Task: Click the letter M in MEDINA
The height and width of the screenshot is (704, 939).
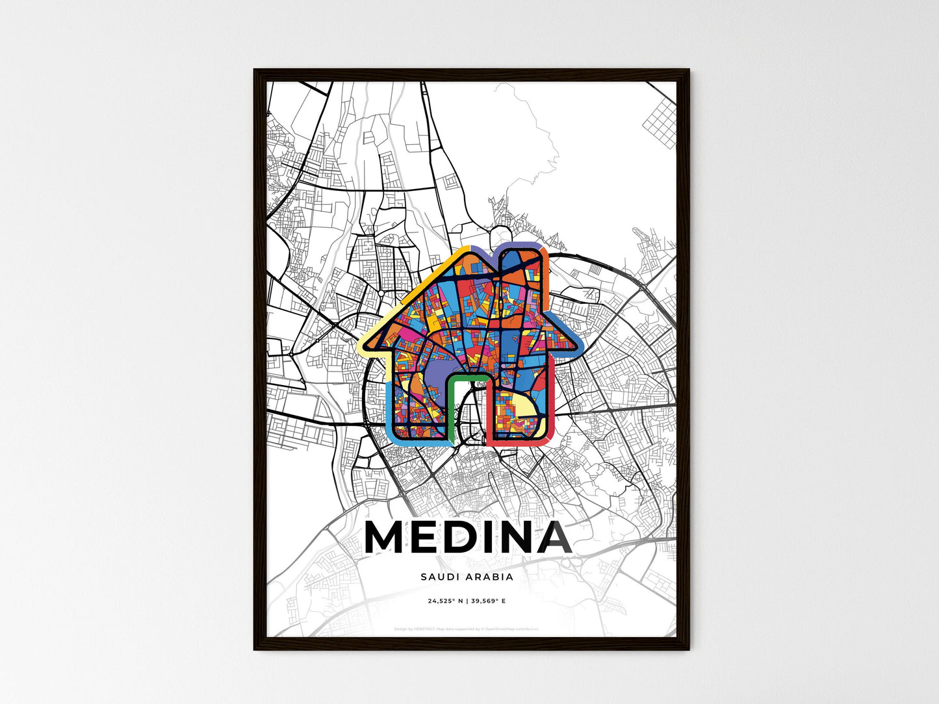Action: tap(389, 538)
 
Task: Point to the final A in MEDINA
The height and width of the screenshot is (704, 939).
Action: tap(550, 538)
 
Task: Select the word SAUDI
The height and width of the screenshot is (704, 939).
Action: tap(439, 577)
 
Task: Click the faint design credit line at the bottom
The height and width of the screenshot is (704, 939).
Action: tap(467, 629)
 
